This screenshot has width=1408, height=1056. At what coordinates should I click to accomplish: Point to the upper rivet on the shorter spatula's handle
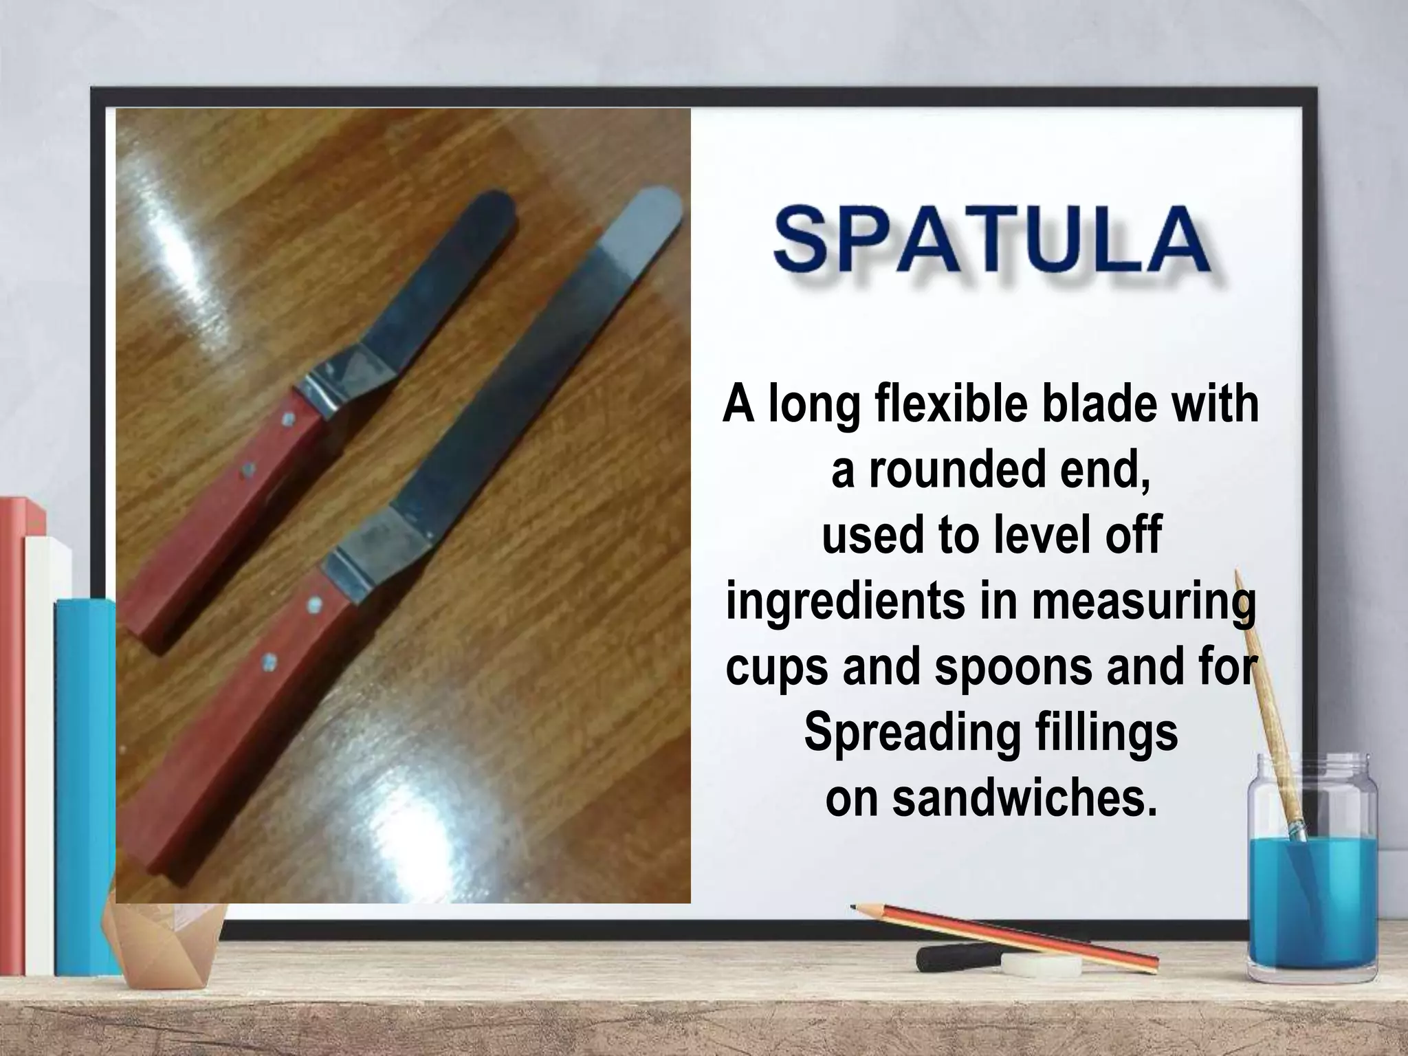288,417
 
